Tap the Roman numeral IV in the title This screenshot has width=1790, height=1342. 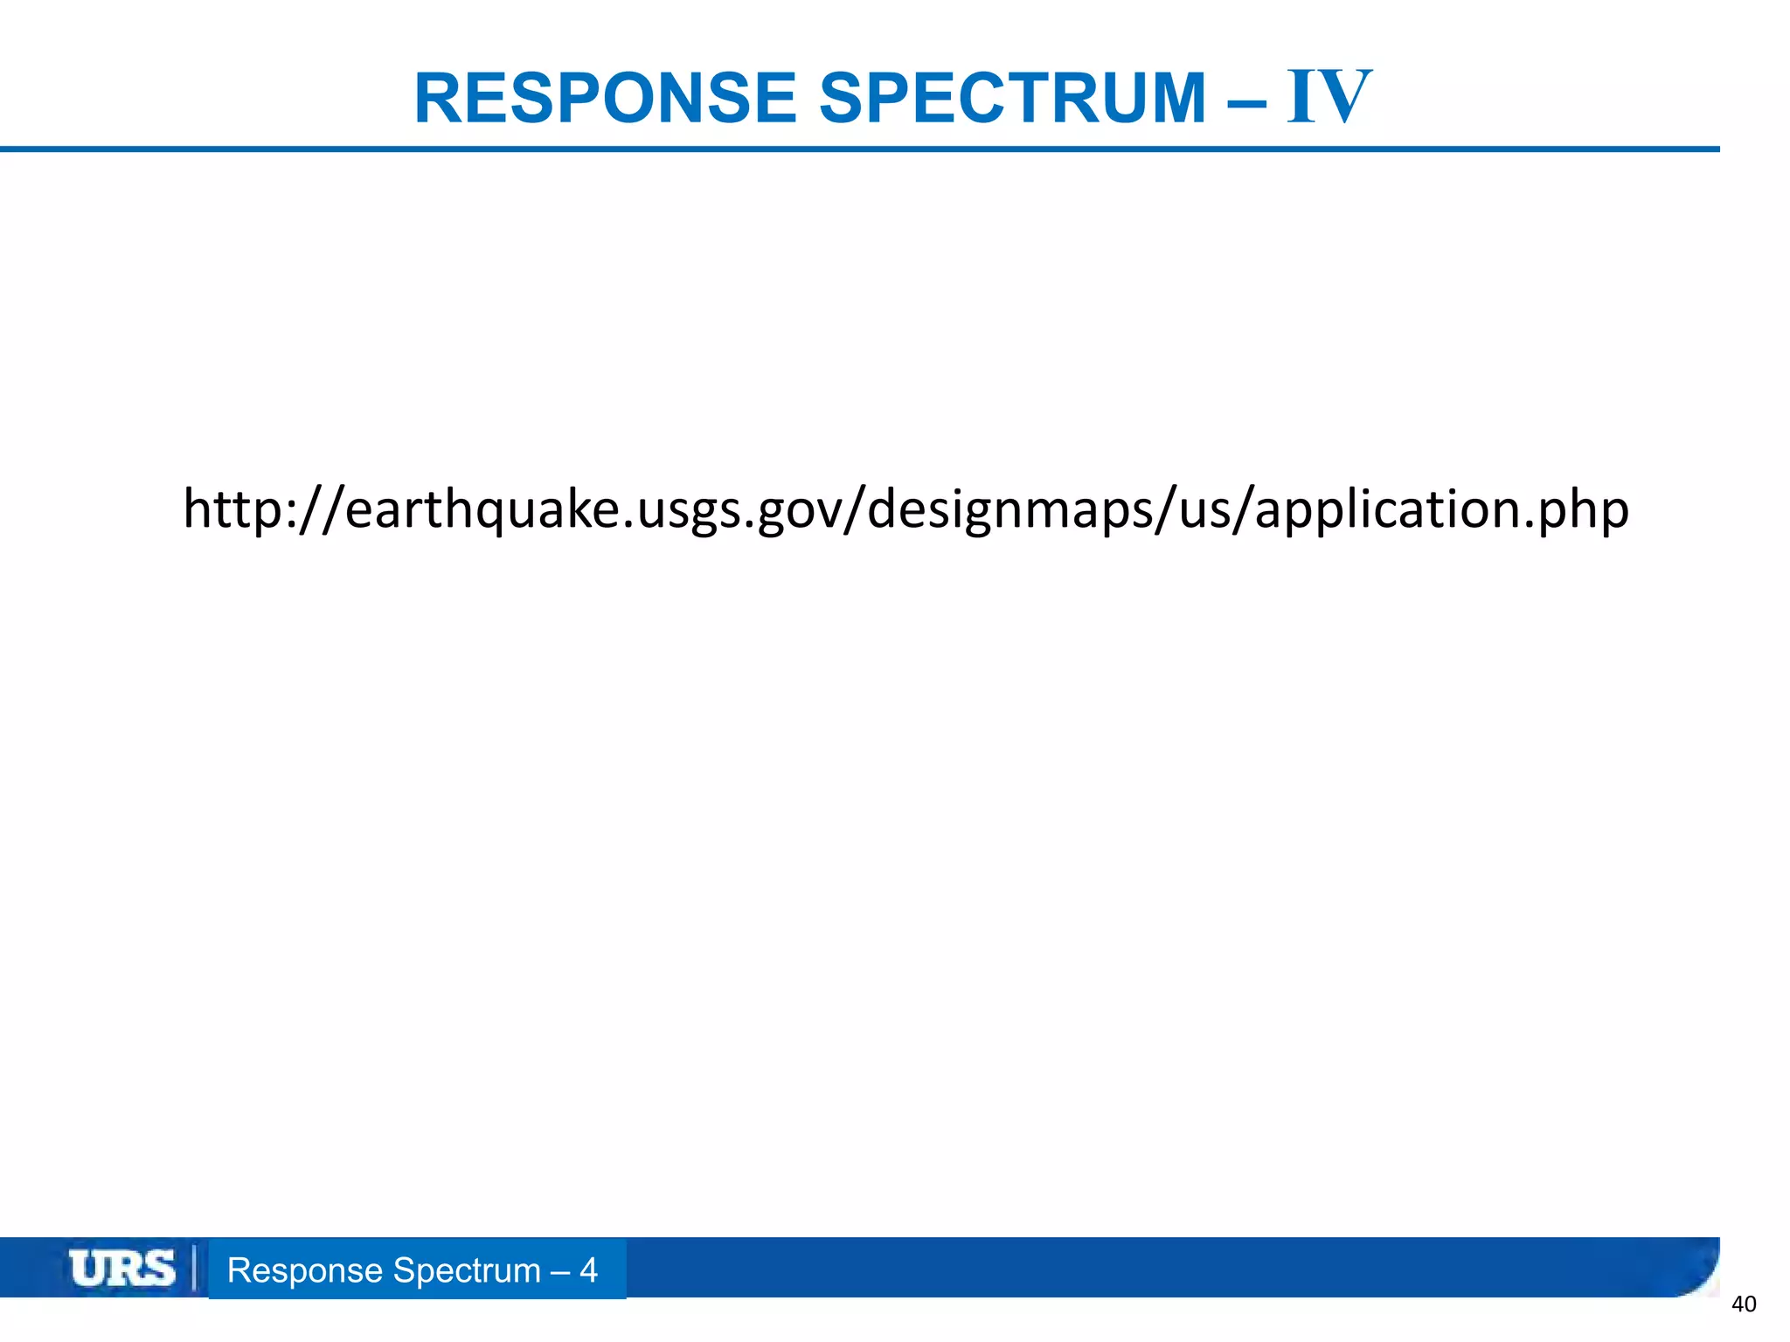(1329, 98)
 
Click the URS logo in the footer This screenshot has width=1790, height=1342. (122, 1269)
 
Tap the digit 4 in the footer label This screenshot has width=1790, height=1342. (588, 1270)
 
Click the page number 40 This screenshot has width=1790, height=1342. (1744, 1304)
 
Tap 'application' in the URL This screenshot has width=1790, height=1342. (1386, 509)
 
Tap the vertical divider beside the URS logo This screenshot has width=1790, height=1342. (193, 1269)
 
